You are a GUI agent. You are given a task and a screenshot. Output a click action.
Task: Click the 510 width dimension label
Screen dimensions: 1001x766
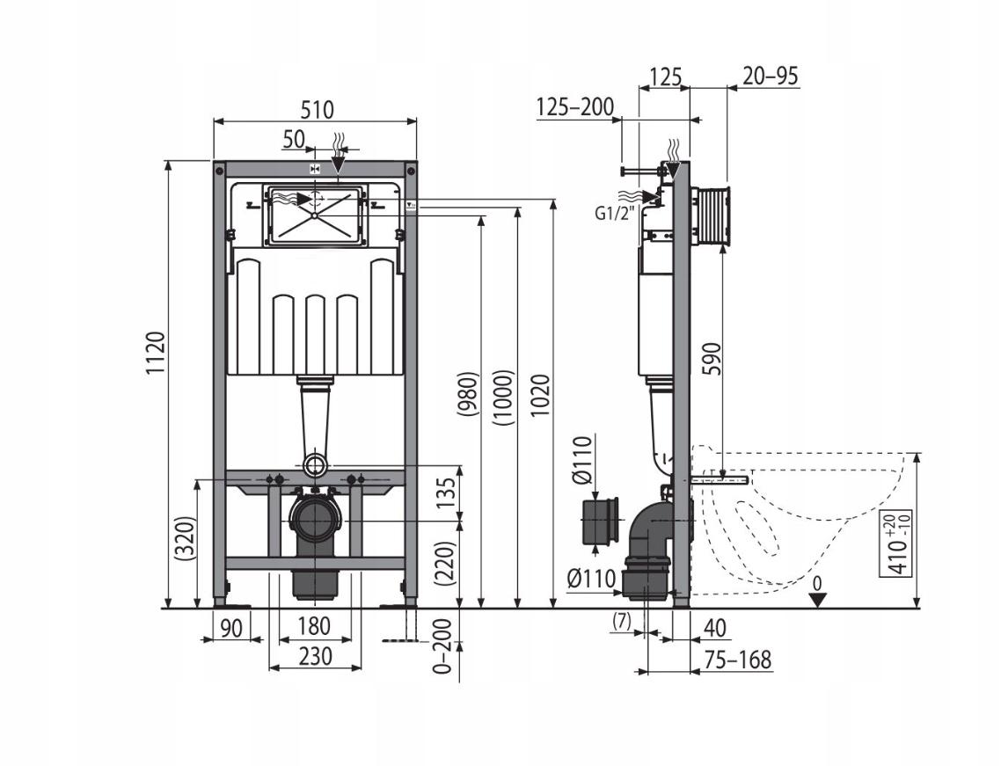click(x=317, y=110)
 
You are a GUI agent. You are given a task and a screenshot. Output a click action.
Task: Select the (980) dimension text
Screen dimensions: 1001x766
click(x=468, y=394)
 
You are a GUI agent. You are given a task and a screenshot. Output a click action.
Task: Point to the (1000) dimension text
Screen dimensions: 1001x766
click(x=503, y=397)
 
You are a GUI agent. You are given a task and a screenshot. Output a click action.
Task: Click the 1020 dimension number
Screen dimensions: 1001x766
click(x=540, y=396)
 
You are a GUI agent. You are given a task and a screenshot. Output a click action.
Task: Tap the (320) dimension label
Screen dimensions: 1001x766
click(x=184, y=538)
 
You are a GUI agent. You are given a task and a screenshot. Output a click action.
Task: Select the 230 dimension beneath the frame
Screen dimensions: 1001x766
click(x=316, y=655)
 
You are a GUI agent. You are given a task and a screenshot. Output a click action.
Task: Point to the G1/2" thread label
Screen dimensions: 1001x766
click(x=616, y=214)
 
